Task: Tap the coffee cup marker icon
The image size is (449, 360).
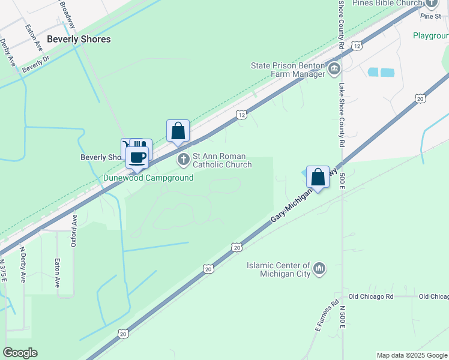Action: coord(137,158)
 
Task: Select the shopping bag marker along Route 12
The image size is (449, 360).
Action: coord(178,131)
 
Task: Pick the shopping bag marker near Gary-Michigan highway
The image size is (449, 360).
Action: coord(318,177)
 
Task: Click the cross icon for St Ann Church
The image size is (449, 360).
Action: coord(183,160)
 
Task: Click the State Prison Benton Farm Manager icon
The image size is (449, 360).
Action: coord(334,70)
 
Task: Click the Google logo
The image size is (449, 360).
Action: coord(20,353)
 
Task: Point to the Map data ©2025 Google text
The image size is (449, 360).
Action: coord(412,355)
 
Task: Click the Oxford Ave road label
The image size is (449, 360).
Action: coord(75,230)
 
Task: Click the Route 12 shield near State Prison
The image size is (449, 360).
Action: coord(357,46)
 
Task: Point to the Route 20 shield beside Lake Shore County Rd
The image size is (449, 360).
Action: coord(420,98)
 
